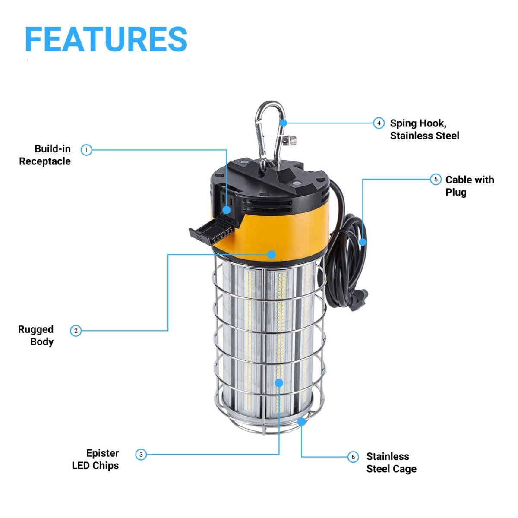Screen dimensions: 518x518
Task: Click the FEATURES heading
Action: coord(106,39)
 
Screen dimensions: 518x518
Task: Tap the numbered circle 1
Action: coord(86,150)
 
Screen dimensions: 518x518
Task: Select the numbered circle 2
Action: coord(76,331)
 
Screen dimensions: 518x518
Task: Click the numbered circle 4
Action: coord(379,123)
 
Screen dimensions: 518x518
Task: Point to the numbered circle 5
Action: coord(436,179)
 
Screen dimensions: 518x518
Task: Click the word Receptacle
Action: coord(45,161)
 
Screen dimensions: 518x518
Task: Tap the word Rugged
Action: coord(36,329)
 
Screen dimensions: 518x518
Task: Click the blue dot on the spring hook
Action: coord(283,123)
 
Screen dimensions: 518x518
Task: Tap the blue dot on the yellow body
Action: coord(272,254)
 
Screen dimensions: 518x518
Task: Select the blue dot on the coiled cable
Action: coord(363,242)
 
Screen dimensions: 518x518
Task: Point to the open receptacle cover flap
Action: coord(212,231)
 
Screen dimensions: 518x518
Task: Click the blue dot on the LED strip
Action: coord(279,383)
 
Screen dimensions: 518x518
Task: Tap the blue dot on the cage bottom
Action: coord(302,422)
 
